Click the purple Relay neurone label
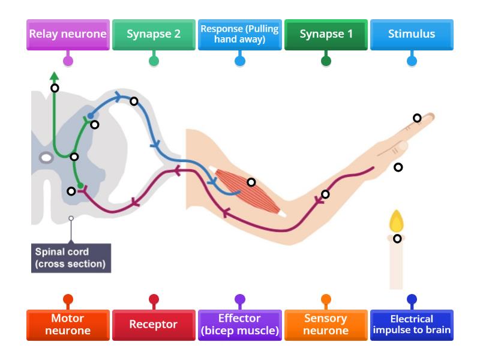pos(68,34)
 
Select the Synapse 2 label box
pos(154,34)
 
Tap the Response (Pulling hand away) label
pos(240,34)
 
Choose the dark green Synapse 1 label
pos(326,34)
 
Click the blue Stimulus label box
pos(412,34)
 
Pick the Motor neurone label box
pos(68,325)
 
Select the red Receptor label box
pos(154,325)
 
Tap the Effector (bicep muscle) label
pos(240,325)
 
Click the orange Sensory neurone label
pos(326,325)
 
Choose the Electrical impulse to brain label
pos(412,325)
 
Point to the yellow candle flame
pos(397,222)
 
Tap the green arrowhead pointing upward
pos(54,76)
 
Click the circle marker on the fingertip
pos(417,118)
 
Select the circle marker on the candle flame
pos(397,238)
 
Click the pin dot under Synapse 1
pos(326,61)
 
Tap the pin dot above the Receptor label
pos(154,298)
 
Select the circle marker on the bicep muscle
pos(251,182)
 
